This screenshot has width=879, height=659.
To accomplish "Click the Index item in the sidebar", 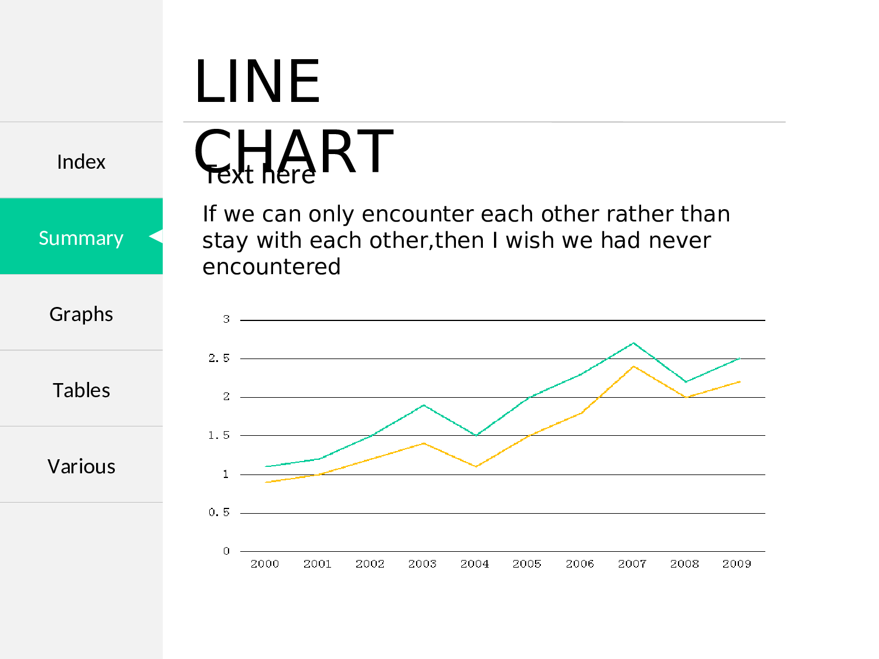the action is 81,162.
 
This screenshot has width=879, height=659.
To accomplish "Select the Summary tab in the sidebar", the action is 81,238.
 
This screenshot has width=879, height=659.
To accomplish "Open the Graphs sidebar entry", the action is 81,314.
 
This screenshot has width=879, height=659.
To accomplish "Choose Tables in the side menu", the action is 81,390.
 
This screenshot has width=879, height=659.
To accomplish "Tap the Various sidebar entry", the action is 81,466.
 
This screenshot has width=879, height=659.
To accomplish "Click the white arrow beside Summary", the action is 156,236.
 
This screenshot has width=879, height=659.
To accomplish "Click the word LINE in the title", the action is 257,81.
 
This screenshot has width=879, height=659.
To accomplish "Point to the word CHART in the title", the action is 294,151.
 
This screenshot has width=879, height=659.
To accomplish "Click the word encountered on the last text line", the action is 271,267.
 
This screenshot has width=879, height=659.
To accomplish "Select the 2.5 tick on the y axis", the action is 219,358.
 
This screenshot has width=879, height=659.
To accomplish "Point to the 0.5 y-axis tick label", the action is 219,512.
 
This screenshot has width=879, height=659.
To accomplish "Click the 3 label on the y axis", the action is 226,319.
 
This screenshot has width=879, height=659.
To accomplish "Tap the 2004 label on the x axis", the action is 475,564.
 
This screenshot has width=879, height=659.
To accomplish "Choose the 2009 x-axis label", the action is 737,564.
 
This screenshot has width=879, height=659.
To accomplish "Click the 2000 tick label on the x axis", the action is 265,564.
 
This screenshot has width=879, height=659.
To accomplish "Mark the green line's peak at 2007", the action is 633,343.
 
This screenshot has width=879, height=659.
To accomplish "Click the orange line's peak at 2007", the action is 633,366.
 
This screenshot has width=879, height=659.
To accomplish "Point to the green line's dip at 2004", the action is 476,435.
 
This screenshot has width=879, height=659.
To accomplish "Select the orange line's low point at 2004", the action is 476,466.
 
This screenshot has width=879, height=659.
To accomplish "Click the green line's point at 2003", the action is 424,405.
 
